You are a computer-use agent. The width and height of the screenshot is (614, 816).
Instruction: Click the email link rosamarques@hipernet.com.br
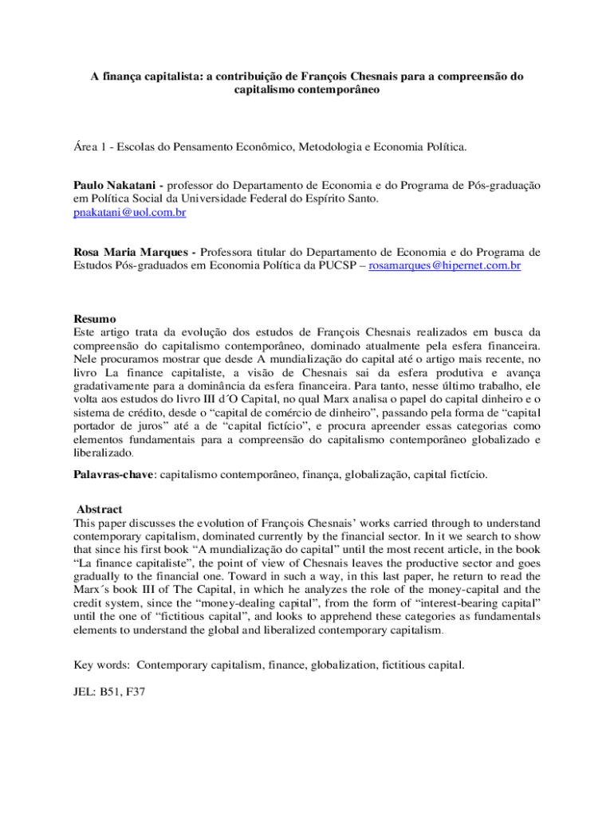tap(444, 265)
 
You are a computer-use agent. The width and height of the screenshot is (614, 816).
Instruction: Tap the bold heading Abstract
tap(100, 509)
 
